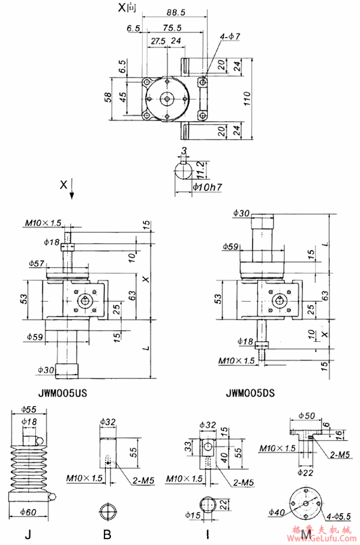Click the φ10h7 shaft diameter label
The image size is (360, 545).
pos(208,188)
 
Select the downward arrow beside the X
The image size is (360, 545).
pos(72,191)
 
